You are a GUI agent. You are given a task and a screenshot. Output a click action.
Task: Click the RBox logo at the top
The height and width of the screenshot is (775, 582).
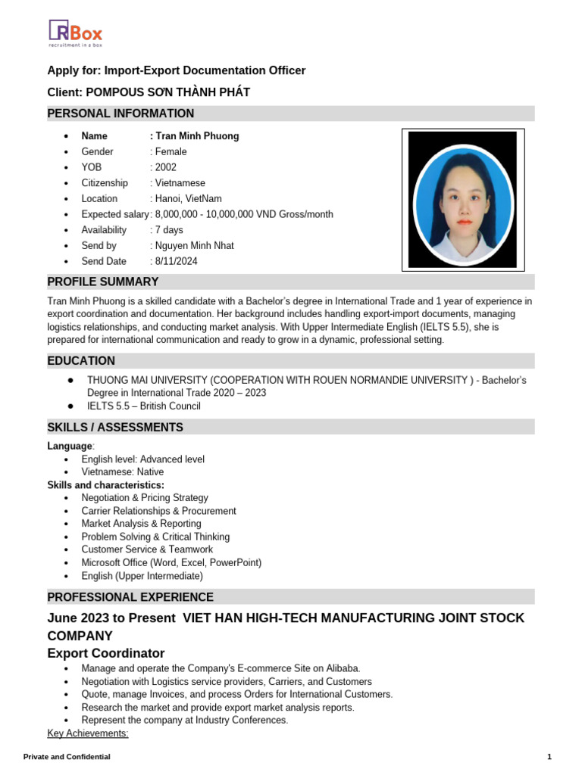pos(75,33)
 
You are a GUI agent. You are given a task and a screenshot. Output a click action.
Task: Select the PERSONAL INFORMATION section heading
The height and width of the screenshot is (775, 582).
pos(120,114)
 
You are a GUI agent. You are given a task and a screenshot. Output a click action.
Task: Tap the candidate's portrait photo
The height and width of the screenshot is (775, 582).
pos(464,198)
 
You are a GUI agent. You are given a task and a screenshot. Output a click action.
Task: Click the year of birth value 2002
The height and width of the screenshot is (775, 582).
pos(165,167)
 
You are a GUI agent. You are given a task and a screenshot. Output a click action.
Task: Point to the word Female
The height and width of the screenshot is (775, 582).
pos(171,151)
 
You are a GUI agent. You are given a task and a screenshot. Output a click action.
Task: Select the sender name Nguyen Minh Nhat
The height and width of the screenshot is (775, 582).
pos(194,245)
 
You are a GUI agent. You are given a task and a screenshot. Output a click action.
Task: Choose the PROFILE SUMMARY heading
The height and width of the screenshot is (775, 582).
pos(103,282)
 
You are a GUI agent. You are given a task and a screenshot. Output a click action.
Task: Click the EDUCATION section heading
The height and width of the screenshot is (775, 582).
pos(81,361)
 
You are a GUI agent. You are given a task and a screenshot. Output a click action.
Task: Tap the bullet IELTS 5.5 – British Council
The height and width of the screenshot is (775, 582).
pos(144,406)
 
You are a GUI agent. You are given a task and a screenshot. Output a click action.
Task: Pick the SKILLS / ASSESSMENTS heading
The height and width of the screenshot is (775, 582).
pos(115,428)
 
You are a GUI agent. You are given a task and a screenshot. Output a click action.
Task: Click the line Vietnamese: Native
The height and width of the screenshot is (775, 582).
pos(122,472)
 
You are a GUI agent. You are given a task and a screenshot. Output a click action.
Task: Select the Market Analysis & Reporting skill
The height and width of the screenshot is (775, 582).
pos(141,523)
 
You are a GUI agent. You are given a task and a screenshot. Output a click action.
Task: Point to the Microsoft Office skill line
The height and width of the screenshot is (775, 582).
pos(171,562)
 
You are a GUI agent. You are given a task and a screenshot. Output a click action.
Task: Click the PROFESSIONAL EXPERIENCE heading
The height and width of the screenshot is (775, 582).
pos(130,597)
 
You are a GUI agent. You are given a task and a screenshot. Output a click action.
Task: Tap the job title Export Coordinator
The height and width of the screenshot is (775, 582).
pos(105,653)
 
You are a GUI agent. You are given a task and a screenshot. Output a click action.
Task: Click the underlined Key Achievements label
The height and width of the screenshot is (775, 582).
pos(88,733)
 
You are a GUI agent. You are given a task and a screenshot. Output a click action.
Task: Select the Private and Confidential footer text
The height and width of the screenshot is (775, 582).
pos(67,757)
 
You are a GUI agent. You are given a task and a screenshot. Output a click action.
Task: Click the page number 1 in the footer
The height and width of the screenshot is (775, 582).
pos(549,757)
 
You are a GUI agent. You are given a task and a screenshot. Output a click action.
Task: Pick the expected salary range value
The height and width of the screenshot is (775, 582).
pos(243,214)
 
